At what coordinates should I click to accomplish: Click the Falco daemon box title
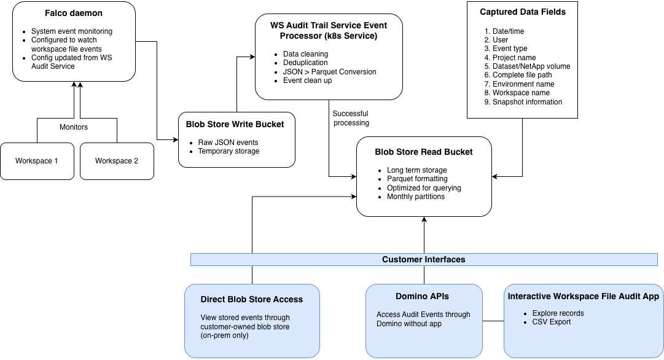pyautogui.click(x=74, y=12)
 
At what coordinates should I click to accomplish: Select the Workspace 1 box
pyautogui.click(x=37, y=161)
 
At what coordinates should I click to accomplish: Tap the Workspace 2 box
pyautogui.click(x=117, y=161)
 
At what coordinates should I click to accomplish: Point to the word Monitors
pyautogui.click(x=74, y=127)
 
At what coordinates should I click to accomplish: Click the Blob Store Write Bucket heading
pyautogui.click(x=235, y=124)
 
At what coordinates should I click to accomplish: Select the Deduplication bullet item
pyautogui.click(x=305, y=63)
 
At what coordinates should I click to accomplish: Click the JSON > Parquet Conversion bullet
pyautogui.click(x=329, y=72)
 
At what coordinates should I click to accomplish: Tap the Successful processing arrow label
pyautogui.click(x=351, y=118)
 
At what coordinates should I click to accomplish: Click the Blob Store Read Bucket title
pyautogui.click(x=424, y=152)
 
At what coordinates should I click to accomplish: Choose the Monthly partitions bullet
pyautogui.click(x=416, y=197)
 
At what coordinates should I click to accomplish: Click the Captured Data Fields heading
pyautogui.click(x=523, y=12)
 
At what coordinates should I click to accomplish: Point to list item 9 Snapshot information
pyautogui.click(x=527, y=102)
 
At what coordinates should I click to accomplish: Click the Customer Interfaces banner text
pyautogui.click(x=424, y=259)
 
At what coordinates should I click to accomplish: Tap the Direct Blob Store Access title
pyautogui.click(x=252, y=299)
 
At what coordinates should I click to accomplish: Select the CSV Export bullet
pyautogui.click(x=551, y=322)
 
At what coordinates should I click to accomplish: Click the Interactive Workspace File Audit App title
pyautogui.click(x=583, y=297)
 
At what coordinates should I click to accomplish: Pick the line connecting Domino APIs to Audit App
pyautogui.click(x=493, y=321)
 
